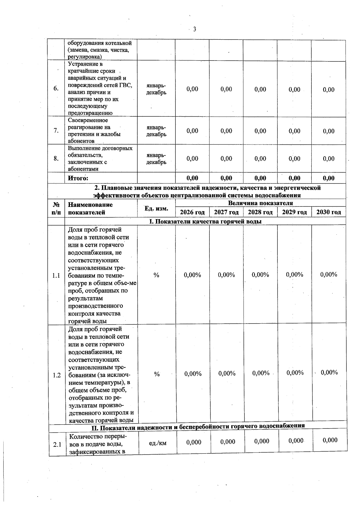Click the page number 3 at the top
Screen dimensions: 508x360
[x=194, y=29]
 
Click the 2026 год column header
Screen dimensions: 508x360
[x=192, y=212]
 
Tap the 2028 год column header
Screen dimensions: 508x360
[x=260, y=212]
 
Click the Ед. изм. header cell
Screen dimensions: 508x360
[x=156, y=208]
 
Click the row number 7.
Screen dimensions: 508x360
[x=56, y=130]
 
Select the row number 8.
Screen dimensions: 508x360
[x=56, y=158]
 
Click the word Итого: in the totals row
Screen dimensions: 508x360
[x=78, y=178]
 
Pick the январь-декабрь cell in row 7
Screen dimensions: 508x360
[x=156, y=131]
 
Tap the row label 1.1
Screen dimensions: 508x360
[x=56, y=275]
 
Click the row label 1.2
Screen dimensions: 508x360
[x=57, y=375]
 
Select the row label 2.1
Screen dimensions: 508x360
[x=57, y=444]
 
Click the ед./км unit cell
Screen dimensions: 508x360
[x=157, y=443]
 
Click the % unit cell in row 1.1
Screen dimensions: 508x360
[x=156, y=275]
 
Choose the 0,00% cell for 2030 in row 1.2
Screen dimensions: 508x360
[x=329, y=372]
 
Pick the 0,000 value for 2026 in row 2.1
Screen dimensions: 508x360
[x=193, y=442]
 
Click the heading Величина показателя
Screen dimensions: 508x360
[x=260, y=203]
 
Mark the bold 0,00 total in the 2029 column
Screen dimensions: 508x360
[x=294, y=178]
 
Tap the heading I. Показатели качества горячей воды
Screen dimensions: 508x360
[x=205, y=221]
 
